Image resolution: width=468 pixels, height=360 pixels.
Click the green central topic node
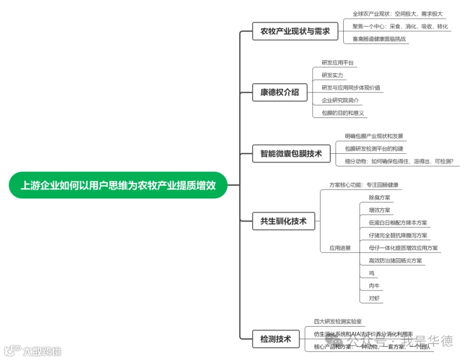(118, 185)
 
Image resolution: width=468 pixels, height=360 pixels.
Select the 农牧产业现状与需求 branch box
(295, 31)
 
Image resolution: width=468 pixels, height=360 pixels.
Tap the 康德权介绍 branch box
(280, 92)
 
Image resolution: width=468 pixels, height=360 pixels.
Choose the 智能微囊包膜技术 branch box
(291, 153)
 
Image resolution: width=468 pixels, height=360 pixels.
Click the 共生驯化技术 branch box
(283, 221)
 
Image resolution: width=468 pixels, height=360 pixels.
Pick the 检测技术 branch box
(276, 339)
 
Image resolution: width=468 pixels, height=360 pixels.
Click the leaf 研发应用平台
(337, 63)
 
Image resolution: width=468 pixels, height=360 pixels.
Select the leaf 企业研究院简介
(340, 100)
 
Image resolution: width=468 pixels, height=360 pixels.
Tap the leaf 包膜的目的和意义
(343, 113)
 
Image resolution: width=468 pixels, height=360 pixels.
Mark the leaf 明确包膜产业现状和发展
(374, 137)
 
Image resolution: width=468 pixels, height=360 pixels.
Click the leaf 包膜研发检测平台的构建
(374, 149)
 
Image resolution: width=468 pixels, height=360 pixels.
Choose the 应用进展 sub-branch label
(340, 248)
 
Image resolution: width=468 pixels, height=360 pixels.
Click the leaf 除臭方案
(379, 198)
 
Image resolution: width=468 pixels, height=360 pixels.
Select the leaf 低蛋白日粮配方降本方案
(398, 223)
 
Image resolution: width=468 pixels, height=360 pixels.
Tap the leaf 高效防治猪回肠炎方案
(395, 261)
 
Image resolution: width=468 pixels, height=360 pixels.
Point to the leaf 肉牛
(374, 286)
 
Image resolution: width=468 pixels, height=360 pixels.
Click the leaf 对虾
(374, 298)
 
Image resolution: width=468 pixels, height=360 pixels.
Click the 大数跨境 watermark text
(41, 351)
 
